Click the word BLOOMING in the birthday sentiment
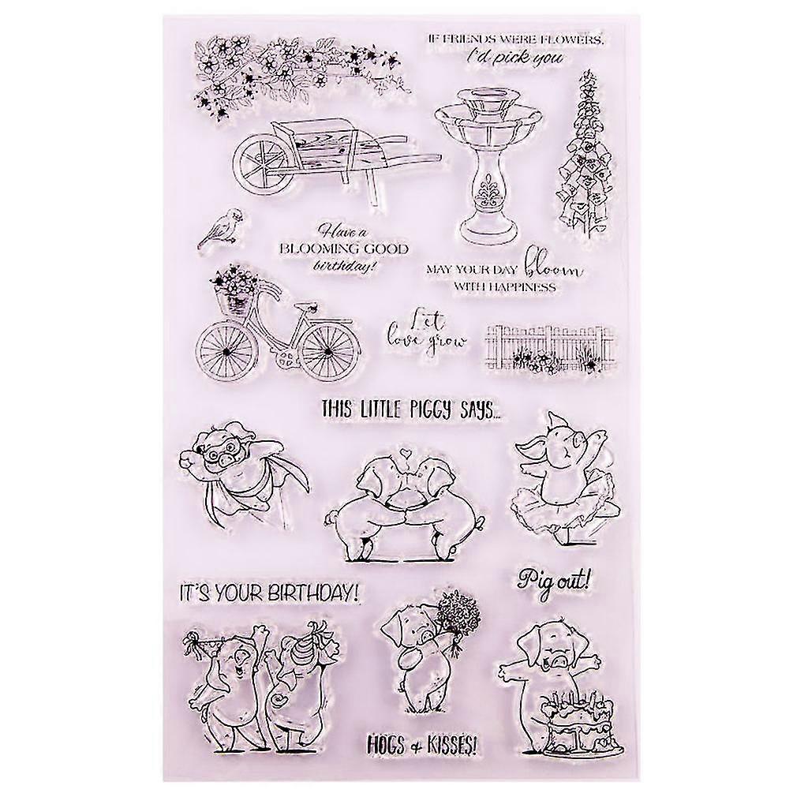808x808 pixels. point(314,249)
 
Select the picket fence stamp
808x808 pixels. point(550,352)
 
